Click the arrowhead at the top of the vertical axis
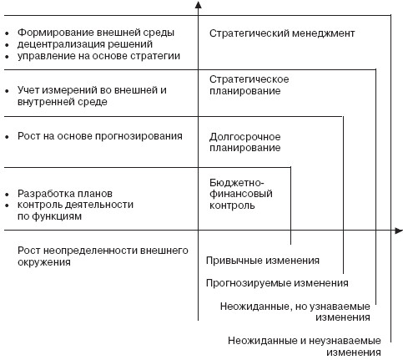coord(198,4)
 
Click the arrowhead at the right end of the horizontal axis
coord(399,231)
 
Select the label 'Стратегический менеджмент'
coord(282,33)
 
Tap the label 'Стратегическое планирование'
coord(249,85)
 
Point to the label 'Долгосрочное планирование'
coord(245,142)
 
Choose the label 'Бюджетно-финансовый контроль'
coord(241,194)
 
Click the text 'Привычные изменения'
coord(263,261)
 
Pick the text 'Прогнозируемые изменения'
coord(277,283)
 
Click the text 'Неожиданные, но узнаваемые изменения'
coord(295,312)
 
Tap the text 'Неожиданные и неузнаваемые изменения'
coord(305,346)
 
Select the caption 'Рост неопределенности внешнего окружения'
coord(103,256)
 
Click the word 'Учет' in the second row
coord(28,90)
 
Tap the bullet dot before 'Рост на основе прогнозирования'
coord(7,137)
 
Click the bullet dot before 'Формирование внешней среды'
coord(7,33)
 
